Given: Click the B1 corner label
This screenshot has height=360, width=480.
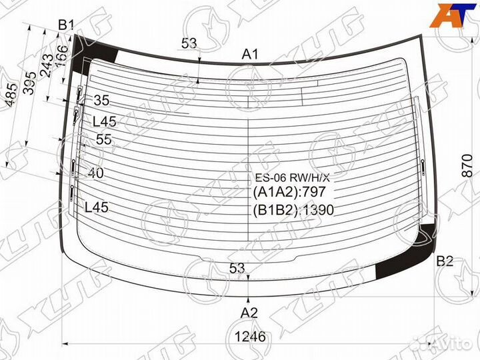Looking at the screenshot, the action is (x=66, y=25).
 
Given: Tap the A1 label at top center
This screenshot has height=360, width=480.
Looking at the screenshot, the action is (x=250, y=55).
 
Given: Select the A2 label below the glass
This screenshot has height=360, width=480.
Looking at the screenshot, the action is (x=249, y=313).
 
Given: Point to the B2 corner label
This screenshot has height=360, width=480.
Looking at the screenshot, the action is (x=445, y=261).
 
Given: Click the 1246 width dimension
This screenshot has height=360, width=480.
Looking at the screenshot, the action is (x=250, y=337).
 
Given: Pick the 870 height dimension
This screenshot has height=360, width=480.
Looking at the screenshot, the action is (x=467, y=165).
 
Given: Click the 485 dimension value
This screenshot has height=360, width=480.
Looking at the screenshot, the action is (x=11, y=95).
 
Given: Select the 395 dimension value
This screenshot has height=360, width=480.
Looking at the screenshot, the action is (x=30, y=83).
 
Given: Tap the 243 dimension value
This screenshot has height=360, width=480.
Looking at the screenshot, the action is (x=47, y=65).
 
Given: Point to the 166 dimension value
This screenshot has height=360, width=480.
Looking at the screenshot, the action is (x=61, y=56).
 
